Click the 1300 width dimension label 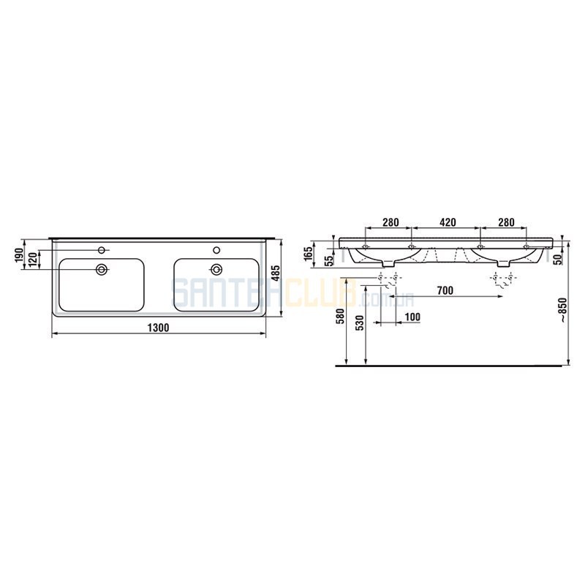(x=159, y=328)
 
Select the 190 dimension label (x=20, y=254)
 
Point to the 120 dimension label (x=33, y=260)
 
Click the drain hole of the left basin (x=102, y=269)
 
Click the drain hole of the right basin (x=216, y=269)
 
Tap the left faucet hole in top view (x=101, y=249)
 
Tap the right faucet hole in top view (x=216, y=249)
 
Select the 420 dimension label (x=448, y=222)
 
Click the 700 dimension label (x=445, y=290)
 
